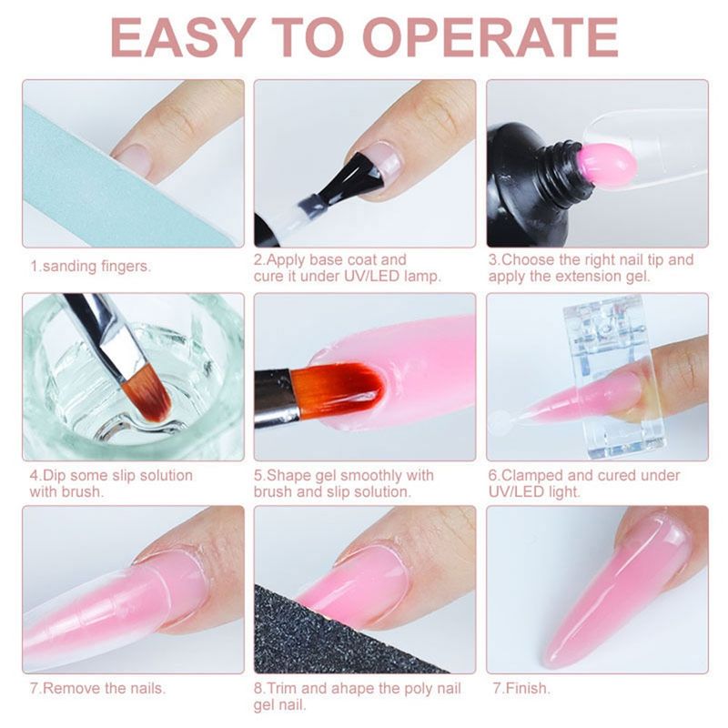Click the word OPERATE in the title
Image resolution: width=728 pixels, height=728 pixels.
[x=490, y=38]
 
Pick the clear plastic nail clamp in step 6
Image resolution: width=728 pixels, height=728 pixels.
[x=612, y=377]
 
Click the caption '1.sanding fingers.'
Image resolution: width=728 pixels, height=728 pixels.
[x=90, y=267]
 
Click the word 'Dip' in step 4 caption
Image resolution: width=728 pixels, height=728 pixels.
[x=55, y=476]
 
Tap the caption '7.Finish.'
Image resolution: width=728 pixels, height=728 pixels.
[x=521, y=688]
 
